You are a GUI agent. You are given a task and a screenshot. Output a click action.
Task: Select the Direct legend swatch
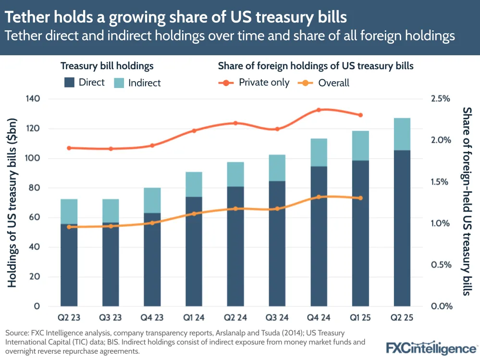point(70,83)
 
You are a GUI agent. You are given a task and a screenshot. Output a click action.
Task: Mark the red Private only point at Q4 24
point(319,110)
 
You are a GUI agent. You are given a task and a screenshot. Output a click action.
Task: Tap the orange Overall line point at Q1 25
point(360,198)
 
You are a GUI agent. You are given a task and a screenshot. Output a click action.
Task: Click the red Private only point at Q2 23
point(69,148)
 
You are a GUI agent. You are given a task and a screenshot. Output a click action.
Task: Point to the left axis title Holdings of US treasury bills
point(13,203)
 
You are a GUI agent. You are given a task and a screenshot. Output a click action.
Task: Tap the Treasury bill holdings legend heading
point(107,66)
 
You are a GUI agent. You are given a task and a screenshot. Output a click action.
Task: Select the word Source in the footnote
point(16,333)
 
